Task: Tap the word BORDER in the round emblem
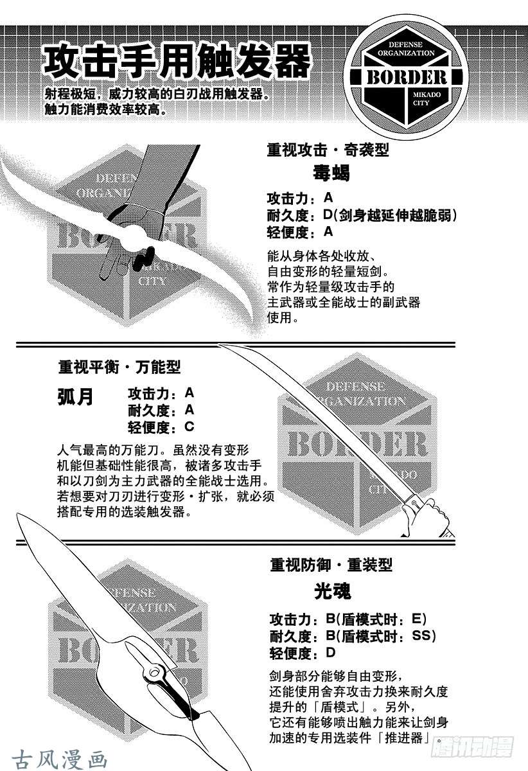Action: click(407, 77)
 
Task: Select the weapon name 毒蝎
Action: click(331, 172)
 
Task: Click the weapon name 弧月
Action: click(75, 397)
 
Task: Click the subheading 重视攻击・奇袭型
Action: click(328, 150)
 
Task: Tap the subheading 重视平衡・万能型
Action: click(119, 368)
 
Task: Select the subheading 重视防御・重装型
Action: click(331, 565)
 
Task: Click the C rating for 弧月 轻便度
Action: click(189, 427)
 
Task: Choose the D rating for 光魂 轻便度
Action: click(330, 652)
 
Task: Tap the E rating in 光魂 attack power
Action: click(416, 619)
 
